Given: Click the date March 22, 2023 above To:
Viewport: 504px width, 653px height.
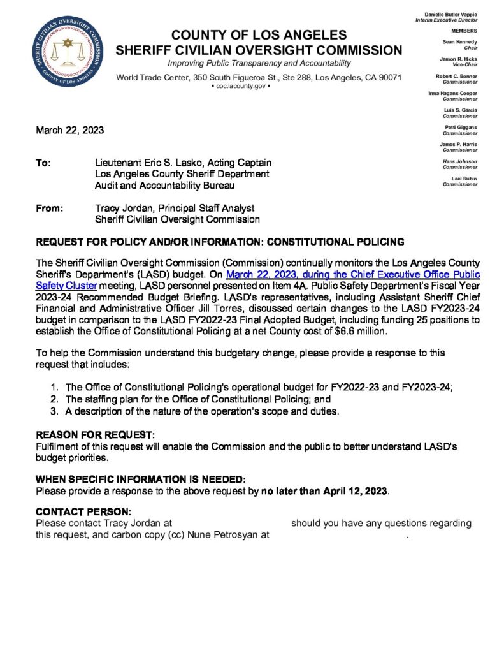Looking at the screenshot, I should point(69,131).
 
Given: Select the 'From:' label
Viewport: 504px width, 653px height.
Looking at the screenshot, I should point(49,208).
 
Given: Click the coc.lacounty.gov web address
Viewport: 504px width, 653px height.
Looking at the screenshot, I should point(258,85).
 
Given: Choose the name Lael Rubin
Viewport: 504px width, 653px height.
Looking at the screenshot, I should point(464,178).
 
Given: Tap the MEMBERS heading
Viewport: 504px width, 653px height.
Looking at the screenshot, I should point(464,31).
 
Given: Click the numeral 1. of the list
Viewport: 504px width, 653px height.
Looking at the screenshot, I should point(55,387).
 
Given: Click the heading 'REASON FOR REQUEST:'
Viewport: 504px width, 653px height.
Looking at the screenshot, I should point(96,435).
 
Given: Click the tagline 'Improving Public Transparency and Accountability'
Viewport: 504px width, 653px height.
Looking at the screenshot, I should point(259,64).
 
